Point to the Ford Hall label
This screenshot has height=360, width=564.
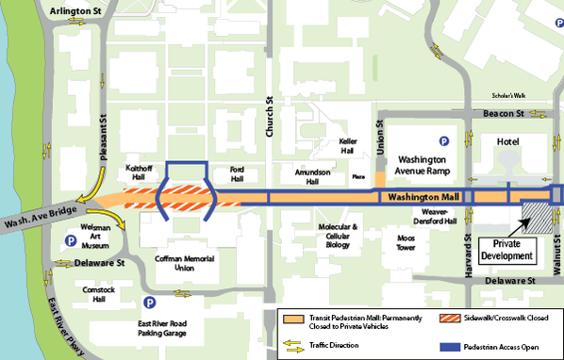[x=237, y=175]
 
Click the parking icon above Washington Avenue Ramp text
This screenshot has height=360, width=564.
[x=442, y=141]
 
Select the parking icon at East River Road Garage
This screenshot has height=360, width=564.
[x=148, y=303]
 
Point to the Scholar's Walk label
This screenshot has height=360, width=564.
[x=511, y=95]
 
